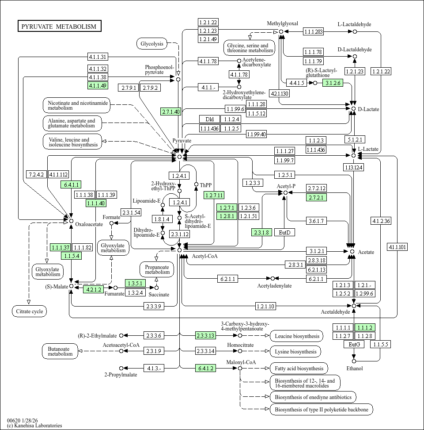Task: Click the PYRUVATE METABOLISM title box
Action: click(59, 26)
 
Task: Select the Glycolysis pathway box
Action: click(152, 43)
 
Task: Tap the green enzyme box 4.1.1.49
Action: click(98, 85)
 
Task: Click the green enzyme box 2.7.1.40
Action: click(170, 111)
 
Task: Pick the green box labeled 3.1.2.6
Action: click(333, 83)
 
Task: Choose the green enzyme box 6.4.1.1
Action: click(71, 184)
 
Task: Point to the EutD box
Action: click(284, 232)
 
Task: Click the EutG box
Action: click(354, 345)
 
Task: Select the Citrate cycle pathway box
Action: click(29, 311)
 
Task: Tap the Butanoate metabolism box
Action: click(60, 351)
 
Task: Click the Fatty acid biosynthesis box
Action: click(299, 368)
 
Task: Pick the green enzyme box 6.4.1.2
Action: click(206, 368)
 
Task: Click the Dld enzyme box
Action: click(209, 119)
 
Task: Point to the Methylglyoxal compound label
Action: click(282, 23)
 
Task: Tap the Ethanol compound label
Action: click(354, 368)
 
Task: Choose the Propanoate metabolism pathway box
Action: click(157, 269)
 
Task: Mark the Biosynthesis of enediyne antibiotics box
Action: click(313, 397)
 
